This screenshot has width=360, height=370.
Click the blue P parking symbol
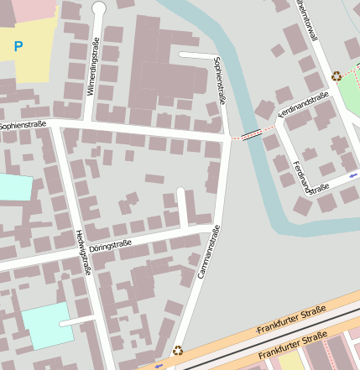tap(18, 47)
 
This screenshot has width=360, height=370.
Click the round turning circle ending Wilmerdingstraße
tap(99, 8)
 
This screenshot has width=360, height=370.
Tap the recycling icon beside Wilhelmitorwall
tap(337, 76)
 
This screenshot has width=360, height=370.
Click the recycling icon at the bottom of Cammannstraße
tap(178, 351)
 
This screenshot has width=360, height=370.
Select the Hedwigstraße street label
tap(83, 253)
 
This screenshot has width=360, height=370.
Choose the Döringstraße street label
tap(110, 246)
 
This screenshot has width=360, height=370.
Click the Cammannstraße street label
tap(207, 252)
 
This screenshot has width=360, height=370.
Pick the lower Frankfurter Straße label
tap(292, 346)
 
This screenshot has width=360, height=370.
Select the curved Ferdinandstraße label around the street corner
tap(310, 180)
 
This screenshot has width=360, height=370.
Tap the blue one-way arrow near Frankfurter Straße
tap(159, 365)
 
